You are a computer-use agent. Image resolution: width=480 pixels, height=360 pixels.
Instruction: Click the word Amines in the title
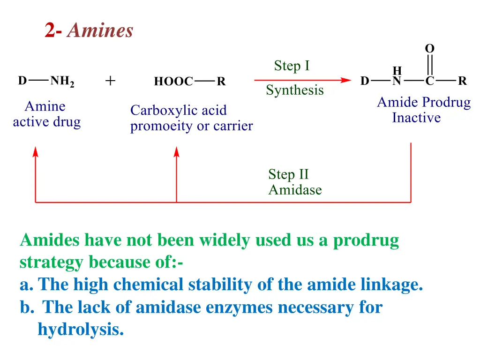[x=100, y=31]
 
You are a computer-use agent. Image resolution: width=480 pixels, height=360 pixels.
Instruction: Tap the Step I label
[x=292, y=66]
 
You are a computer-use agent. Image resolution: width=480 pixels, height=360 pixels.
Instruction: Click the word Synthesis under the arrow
[x=294, y=90]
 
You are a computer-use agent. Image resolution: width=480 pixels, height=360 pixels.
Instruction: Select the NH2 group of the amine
[x=62, y=81]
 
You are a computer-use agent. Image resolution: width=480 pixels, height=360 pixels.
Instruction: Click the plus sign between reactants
[x=110, y=81]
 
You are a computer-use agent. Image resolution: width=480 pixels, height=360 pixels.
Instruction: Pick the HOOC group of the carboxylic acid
[x=173, y=82]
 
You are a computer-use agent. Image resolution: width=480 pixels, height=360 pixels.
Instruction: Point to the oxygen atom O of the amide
[x=429, y=48]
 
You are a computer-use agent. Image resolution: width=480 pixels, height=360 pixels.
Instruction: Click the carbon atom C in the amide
[x=429, y=82]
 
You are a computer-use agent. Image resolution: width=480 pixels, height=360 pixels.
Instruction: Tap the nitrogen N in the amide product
[x=397, y=82]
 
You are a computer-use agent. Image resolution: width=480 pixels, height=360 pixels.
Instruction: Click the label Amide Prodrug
[x=424, y=102]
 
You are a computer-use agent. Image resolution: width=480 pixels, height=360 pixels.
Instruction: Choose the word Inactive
[x=416, y=118]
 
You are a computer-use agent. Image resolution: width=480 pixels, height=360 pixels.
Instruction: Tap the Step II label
[x=288, y=174]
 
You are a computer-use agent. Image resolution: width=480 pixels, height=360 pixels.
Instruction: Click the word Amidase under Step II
[x=295, y=190]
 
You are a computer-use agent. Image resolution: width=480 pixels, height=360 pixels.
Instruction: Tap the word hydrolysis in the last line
[x=81, y=330]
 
